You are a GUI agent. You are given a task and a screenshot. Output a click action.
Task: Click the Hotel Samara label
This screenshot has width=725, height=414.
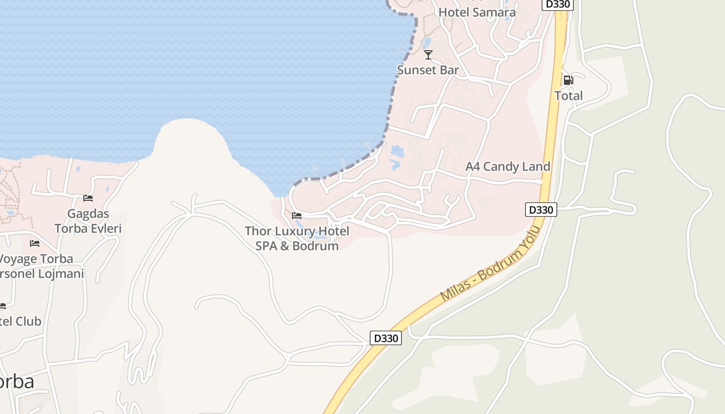(x=477, y=12)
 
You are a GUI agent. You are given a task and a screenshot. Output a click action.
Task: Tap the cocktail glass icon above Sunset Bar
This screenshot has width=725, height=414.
(x=428, y=54)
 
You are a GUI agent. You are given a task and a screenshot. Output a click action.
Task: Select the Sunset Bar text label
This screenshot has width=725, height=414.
(x=428, y=70)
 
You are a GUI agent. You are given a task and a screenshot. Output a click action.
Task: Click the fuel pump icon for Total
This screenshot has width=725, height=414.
(x=568, y=80)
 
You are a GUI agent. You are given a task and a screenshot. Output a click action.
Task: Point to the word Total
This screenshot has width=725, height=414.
(x=569, y=96)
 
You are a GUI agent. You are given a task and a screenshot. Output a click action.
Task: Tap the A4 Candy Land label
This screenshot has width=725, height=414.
(x=508, y=167)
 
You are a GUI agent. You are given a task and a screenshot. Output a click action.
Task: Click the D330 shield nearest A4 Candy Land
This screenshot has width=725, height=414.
(x=541, y=210)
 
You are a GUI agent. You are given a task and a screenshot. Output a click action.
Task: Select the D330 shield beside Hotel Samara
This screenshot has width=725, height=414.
(x=557, y=4)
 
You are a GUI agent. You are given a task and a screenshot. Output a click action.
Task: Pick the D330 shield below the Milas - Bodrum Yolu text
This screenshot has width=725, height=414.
(x=386, y=338)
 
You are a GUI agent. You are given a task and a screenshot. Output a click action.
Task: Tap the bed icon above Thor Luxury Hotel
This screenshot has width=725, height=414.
(x=297, y=216)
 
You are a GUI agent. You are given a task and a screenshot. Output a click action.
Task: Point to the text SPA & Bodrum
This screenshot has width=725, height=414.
(x=297, y=246)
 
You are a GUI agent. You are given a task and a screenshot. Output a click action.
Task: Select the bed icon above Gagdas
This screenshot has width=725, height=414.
(x=88, y=198)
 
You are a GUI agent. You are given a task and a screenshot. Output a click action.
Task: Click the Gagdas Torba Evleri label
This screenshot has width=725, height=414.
(x=88, y=221)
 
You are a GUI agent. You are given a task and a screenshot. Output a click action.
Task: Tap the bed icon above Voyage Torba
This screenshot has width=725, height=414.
(x=35, y=243)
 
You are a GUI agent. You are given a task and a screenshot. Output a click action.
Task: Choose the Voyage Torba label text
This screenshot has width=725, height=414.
(x=36, y=259)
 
